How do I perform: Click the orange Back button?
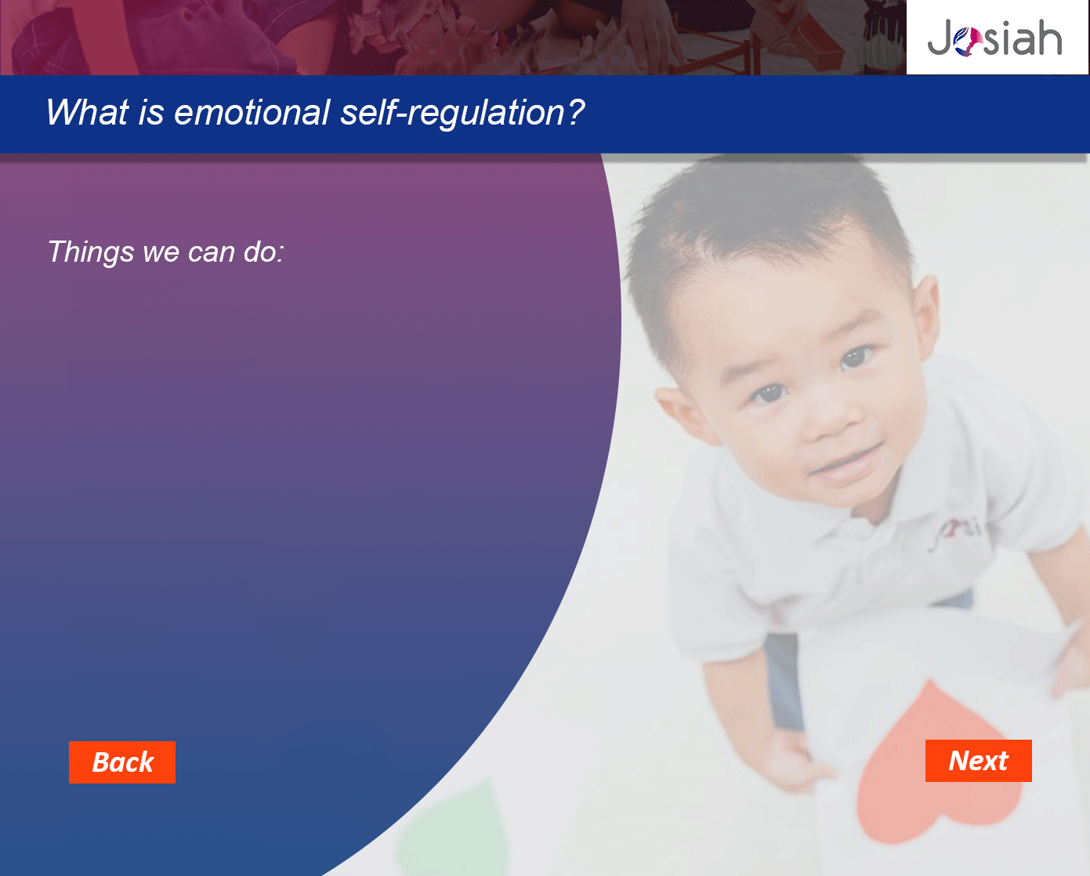click(122, 762)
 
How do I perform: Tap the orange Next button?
click(978, 761)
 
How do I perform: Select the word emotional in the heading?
click(252, 112)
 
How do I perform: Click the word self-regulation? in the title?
click(462, 113)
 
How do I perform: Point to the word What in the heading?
click(87, 112)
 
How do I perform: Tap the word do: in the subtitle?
click(263, 252)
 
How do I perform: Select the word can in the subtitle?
click(212, 253)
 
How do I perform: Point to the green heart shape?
click(454, 831)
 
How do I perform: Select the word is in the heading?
click(151, 112)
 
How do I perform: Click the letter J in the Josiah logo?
click(940, 38)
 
